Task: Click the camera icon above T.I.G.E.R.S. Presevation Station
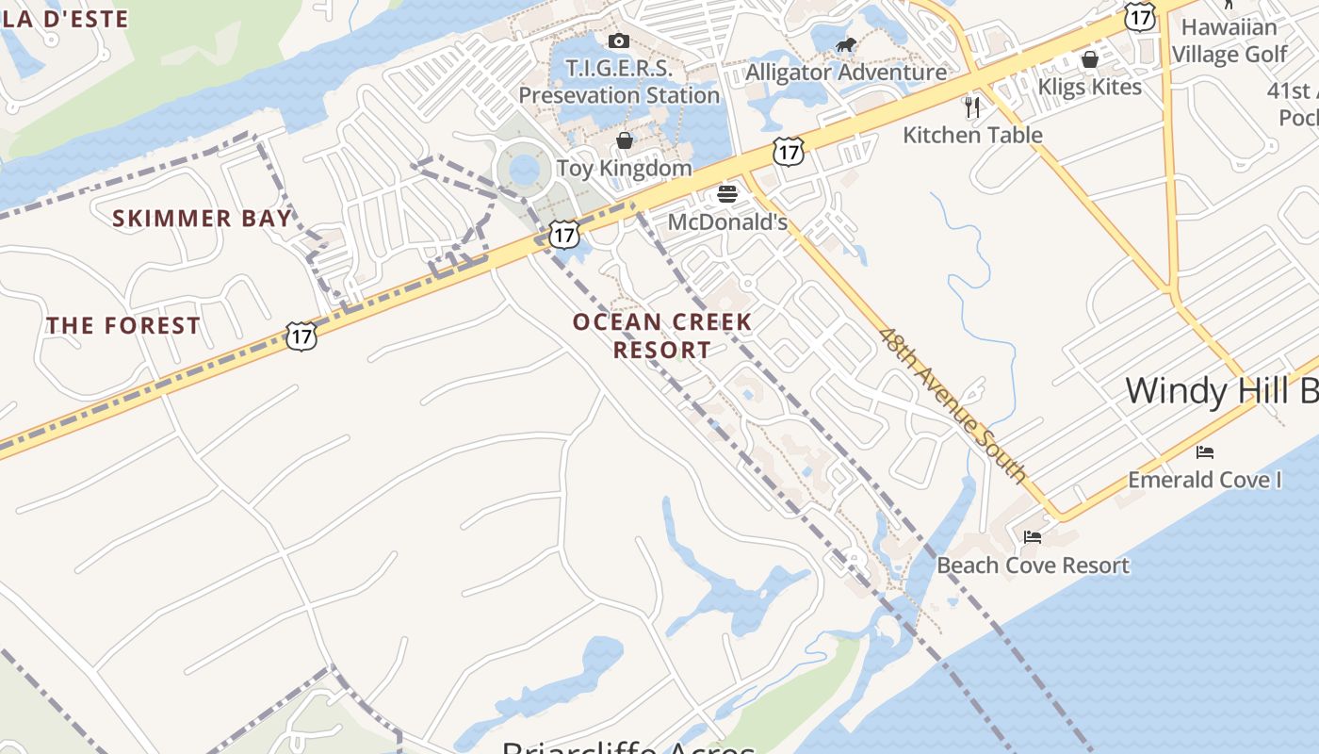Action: (x=619, y=41)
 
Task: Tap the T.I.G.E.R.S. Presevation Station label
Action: (x=619, y=82)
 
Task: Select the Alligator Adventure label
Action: (x=846, y=72)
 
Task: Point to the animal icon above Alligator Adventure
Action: (x=846, y=45)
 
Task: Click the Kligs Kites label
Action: (x=1090, y=87)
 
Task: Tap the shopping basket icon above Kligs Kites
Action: (x=1090, y=60)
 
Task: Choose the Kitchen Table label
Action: (x=972, y=135)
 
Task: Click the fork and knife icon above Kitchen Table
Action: (x=972, y=107)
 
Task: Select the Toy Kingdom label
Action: (x=624, y=169)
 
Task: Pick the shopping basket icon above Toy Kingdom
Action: (x=624, y=141)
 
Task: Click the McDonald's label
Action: (x=727, y=222)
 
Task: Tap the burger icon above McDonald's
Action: (x=727, y=195)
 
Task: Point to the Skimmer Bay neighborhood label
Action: (x=202, y=219)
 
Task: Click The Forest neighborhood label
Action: (x=123, y=326)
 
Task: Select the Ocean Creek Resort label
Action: (x=662, y=336)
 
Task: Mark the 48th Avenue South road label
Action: (x=953, y=404)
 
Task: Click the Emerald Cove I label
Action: (x=1205, y=480)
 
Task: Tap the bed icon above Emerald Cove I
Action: (x=1205, y=452)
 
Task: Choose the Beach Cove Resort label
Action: (x=1033, y=565)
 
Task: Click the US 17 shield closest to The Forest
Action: (x=301, y=336)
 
